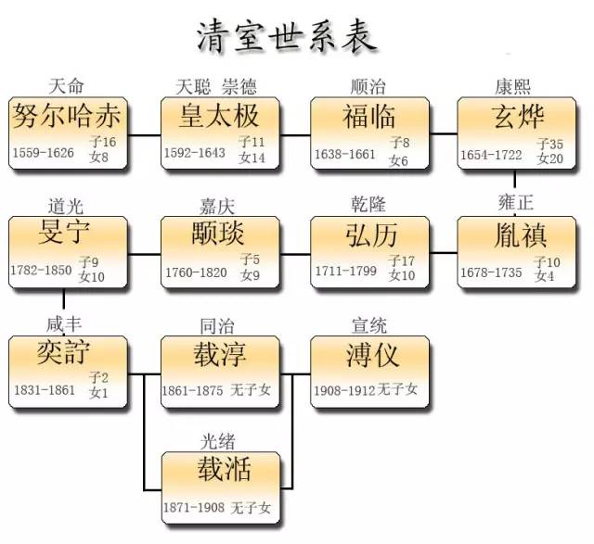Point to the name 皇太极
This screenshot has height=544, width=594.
220,117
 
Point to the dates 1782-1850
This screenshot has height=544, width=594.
43,272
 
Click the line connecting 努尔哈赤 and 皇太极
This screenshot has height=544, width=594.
143,135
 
